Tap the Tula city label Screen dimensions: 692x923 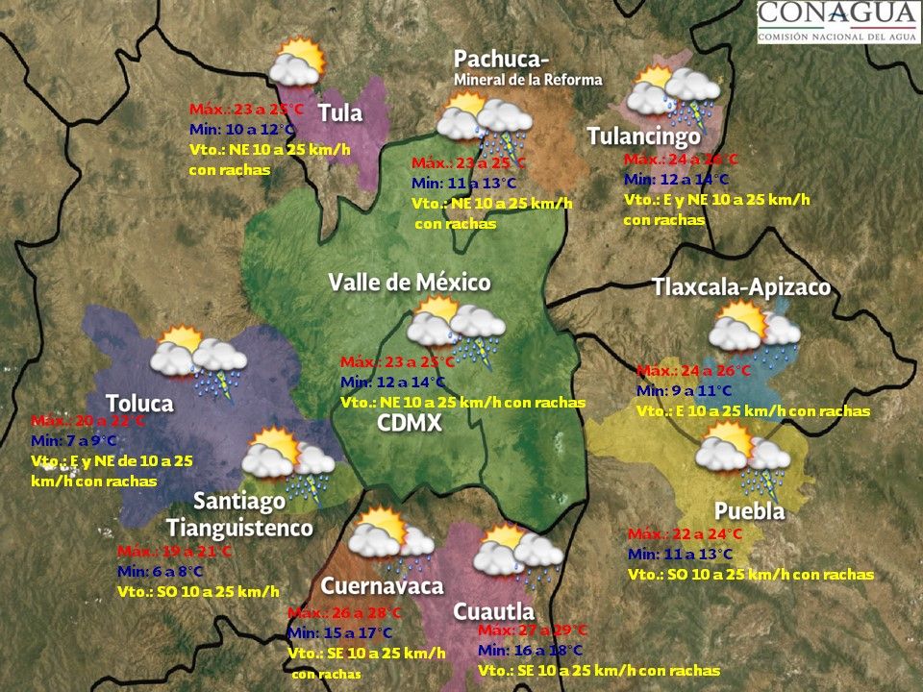(340, 113)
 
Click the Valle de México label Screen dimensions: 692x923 (410, 283)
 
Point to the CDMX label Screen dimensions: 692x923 (409, 423)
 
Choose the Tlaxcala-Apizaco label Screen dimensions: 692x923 (740, 287)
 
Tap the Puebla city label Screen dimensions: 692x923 (749, 510)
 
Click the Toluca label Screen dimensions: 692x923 (139, 403)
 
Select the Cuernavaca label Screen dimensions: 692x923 (382, 586)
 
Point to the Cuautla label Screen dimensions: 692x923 (493, 611)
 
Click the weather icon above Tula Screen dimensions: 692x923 (297, 62)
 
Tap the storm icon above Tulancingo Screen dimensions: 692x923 (673, 96)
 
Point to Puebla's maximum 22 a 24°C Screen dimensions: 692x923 (685, 534)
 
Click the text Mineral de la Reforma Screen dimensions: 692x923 (528, 80)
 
